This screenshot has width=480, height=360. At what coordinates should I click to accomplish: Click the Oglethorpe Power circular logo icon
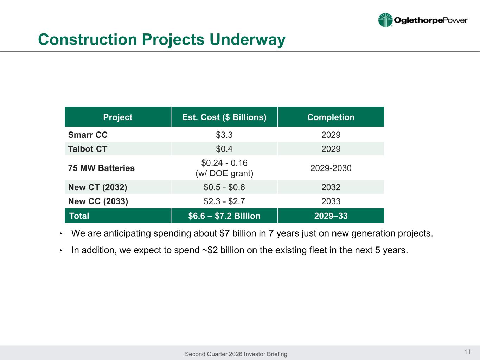[385, 20]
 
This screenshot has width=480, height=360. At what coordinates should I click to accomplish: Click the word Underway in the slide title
[247, 40]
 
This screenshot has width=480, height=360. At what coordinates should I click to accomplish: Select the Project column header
[118, 117]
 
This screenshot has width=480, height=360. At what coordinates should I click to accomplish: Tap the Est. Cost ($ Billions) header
[224, 117]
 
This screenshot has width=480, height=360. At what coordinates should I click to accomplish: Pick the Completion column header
[331, 117]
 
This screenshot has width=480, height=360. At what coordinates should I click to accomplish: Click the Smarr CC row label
[88, 135]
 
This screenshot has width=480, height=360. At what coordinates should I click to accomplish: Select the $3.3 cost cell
[224, 135]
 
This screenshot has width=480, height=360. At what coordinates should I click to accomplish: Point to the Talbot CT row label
[88, 149]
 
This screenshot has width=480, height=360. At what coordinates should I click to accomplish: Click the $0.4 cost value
[224, 149]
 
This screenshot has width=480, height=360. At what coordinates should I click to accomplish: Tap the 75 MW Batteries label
[101, 168]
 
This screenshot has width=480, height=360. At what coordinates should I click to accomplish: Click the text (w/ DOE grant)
[224, 173]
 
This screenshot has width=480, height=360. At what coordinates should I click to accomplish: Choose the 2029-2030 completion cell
[331, 168]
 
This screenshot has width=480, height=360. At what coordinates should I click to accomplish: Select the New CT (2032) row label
[97, 187]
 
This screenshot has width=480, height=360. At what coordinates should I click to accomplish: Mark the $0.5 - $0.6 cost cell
[224, 187]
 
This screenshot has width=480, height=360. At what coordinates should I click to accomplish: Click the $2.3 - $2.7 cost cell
[224, 201]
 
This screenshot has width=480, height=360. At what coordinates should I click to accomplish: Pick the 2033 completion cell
[331, 201]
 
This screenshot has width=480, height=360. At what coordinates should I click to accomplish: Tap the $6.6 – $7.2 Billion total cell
[224, 216]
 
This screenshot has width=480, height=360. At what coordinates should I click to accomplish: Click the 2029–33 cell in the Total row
[331, 216]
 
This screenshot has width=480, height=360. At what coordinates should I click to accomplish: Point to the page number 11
[468, 352]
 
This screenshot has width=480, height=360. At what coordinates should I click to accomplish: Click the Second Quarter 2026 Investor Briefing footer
[236, 354]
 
